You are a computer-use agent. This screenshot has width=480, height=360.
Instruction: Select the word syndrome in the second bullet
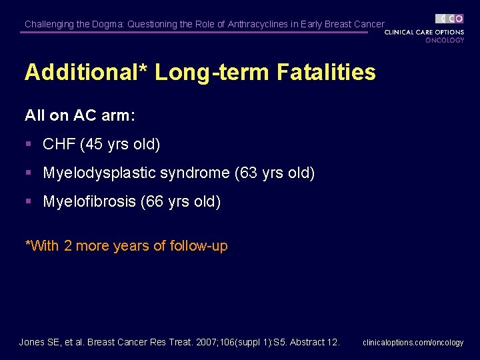[x=198, y=173]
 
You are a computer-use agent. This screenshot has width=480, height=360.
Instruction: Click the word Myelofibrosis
[x=89, y=201]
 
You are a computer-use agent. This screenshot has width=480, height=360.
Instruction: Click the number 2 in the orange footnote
[x=68, y=246]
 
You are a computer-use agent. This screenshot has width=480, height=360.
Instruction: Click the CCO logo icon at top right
[x=450, y=19]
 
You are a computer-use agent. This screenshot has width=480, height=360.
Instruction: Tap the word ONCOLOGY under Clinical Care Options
[x=445, y=40]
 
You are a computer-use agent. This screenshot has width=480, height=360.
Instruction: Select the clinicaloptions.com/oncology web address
[x=413, y=343]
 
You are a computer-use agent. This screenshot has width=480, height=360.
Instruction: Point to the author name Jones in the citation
[x=32, y=342]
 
